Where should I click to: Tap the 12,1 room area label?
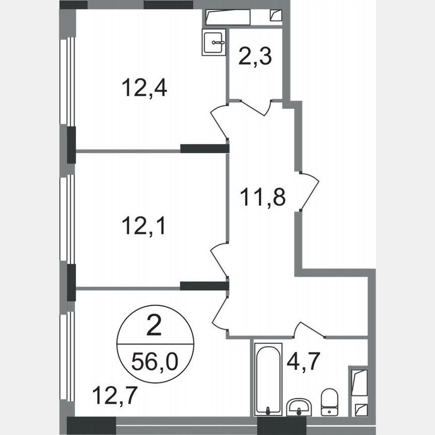pos(144,227)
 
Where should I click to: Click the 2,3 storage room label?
pos(255,56)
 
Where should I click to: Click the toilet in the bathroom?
pos(330,401)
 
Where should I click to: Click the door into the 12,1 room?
pos(219,259)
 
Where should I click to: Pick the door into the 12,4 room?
pos(219,121)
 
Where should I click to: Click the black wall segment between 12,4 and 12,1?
pos(204,149)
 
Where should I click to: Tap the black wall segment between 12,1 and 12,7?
pos(204,286)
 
